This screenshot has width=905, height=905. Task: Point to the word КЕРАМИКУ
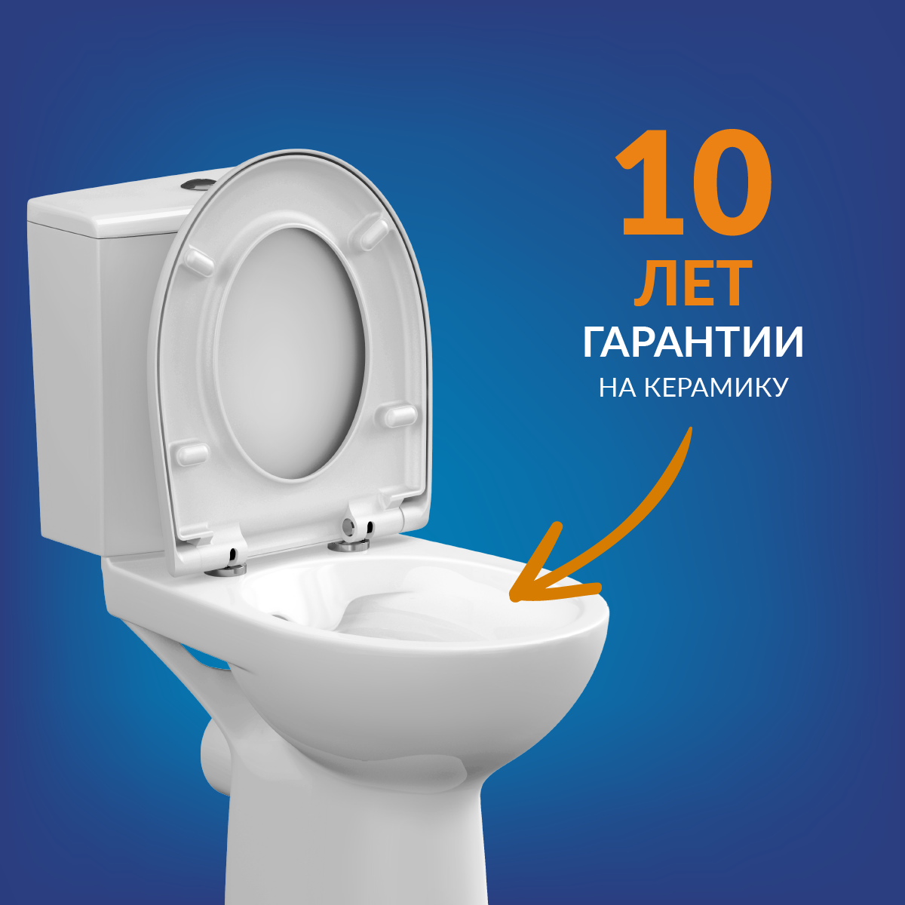[716, 388]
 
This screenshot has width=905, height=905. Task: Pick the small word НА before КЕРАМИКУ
[618, 388]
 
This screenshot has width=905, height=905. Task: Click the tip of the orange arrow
[512, 598]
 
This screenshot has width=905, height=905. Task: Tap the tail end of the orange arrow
[691, 428]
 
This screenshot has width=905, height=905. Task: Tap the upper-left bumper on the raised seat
[200, 262]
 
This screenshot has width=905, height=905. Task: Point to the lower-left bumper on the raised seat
[192, 452]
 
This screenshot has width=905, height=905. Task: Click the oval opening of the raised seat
[292, 353]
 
